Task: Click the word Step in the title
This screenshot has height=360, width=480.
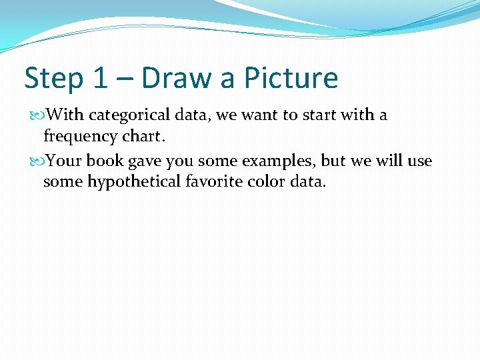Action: click(53, 79)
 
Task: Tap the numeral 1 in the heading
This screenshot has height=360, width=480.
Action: click(100, 78)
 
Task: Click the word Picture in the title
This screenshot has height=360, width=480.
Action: click(291, 78)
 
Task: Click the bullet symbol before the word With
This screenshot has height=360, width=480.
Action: click(37, 115)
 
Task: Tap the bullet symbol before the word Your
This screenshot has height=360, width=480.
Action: click(37, 161)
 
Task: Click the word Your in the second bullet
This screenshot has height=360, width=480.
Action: click(65, 161)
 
